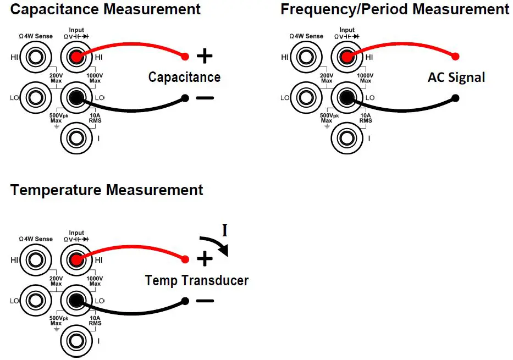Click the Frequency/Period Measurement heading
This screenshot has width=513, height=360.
(395, 9)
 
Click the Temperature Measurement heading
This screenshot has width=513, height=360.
(107, 191)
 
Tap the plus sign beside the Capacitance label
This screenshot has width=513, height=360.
(205, 56)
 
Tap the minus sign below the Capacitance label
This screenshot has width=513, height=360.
(205, 98)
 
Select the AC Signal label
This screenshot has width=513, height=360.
(456, 77)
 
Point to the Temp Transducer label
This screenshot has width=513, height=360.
(197, 280)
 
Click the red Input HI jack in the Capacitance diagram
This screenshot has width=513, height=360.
(76, 57)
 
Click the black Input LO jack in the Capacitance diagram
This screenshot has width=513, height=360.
(76, 98)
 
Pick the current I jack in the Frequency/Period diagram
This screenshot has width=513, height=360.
(347, 137)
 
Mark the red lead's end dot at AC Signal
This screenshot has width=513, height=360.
(455, 56)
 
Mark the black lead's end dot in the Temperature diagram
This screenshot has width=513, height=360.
(185, 301)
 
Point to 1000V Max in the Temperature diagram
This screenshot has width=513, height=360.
(95, 280)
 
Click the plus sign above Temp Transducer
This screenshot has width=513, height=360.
(205, 258)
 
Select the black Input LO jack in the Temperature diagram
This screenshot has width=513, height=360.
(76, 301)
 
